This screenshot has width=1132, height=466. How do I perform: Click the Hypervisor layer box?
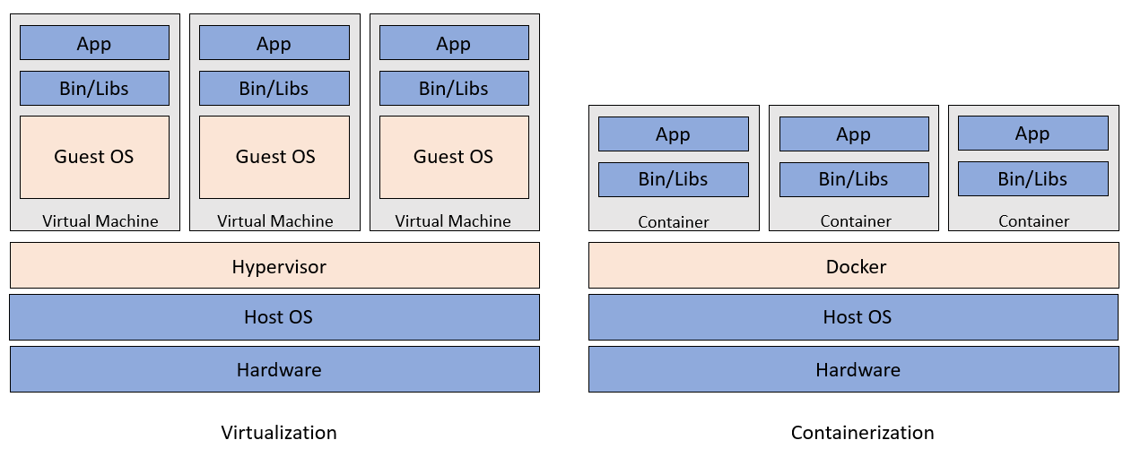[274, 265]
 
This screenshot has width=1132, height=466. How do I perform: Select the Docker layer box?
[853, 265]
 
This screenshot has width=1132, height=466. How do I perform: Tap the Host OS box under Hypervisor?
[274, 317]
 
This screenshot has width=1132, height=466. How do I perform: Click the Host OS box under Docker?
[853, 317]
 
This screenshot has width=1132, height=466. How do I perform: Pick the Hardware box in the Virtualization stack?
[274, 369]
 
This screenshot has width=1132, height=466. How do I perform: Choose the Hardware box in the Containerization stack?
[853, 369]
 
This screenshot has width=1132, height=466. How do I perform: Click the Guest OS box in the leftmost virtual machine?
[94, 157]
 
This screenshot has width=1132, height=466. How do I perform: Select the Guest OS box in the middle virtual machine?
[274, 157]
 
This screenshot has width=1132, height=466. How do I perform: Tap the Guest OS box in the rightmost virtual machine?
[454, 157]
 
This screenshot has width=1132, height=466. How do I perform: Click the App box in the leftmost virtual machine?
[94, 43]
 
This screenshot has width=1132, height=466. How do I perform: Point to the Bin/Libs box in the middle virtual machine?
[274, 89]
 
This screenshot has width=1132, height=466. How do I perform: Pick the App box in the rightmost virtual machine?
[454, 43]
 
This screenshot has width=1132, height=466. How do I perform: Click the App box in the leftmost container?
[673, 134]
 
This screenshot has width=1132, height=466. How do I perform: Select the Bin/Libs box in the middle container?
[853, 179]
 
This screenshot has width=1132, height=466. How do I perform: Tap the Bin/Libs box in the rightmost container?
[1032, 179]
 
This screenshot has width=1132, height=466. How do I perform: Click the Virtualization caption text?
[279, 433]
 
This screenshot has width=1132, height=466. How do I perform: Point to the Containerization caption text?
[862, 433]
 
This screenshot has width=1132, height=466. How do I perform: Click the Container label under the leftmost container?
[674, 221]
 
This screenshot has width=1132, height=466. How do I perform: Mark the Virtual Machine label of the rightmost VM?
[453, 220]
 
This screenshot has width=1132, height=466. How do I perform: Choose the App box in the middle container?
[853, 134]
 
